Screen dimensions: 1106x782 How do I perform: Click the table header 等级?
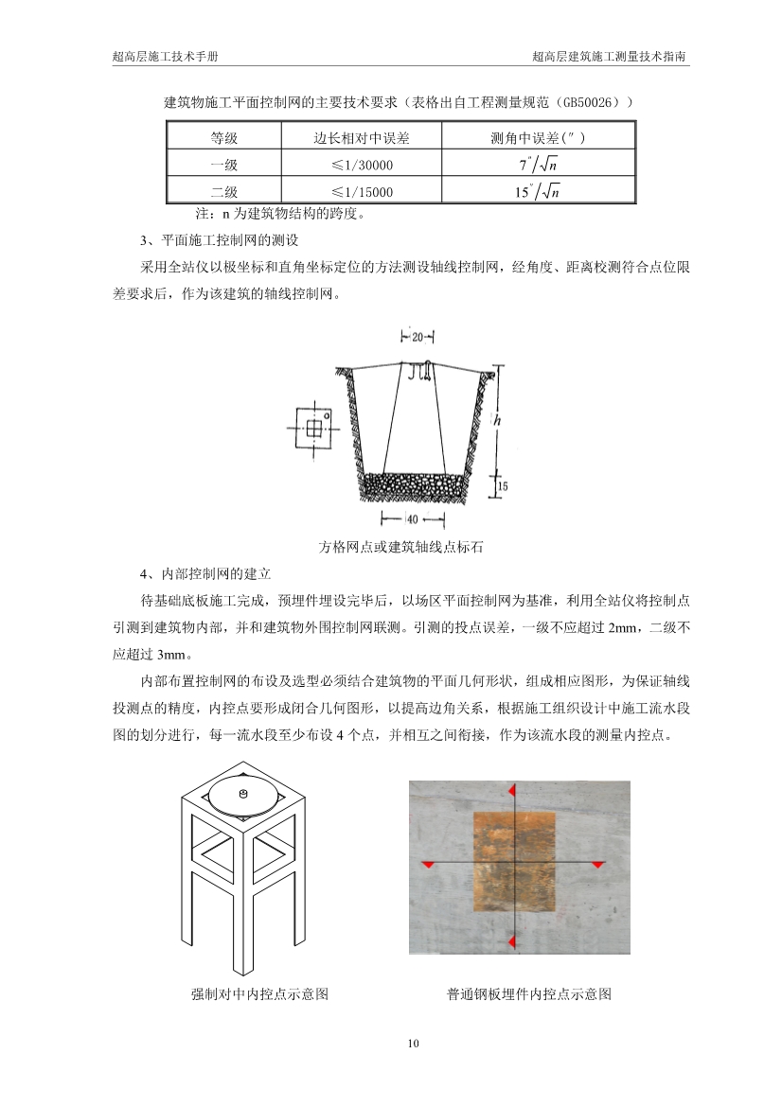tap(223, 138)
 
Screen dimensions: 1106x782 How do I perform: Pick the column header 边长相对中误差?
tap(362, 138)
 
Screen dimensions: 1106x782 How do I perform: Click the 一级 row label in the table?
tap(223, 166)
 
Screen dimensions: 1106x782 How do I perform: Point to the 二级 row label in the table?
tap(223, 192)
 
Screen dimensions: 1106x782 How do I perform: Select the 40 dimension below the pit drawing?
tap(413, 518)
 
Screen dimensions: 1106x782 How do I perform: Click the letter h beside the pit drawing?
tap(497, 417)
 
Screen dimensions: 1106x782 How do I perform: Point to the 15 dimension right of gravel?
tap(503, 485)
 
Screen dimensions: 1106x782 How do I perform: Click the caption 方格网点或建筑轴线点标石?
tap(389, 547)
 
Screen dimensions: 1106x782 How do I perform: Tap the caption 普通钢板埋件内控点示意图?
tap(529, 994)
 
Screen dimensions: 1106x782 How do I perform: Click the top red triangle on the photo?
tap(511, 789)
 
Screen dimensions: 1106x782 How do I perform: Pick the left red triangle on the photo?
tap(428, 865)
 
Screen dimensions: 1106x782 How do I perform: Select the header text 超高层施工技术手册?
tap(165, 57)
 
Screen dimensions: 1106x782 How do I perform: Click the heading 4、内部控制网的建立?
tap(205, 573)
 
